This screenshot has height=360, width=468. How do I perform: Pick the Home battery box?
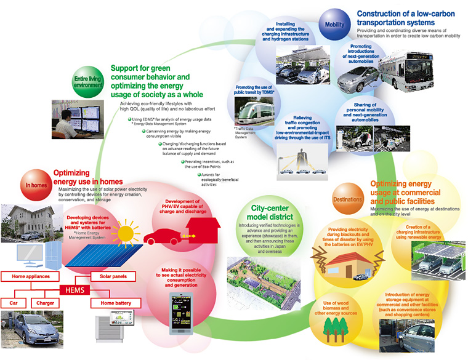point(111,303)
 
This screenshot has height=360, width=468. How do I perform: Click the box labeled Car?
point(14,303)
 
